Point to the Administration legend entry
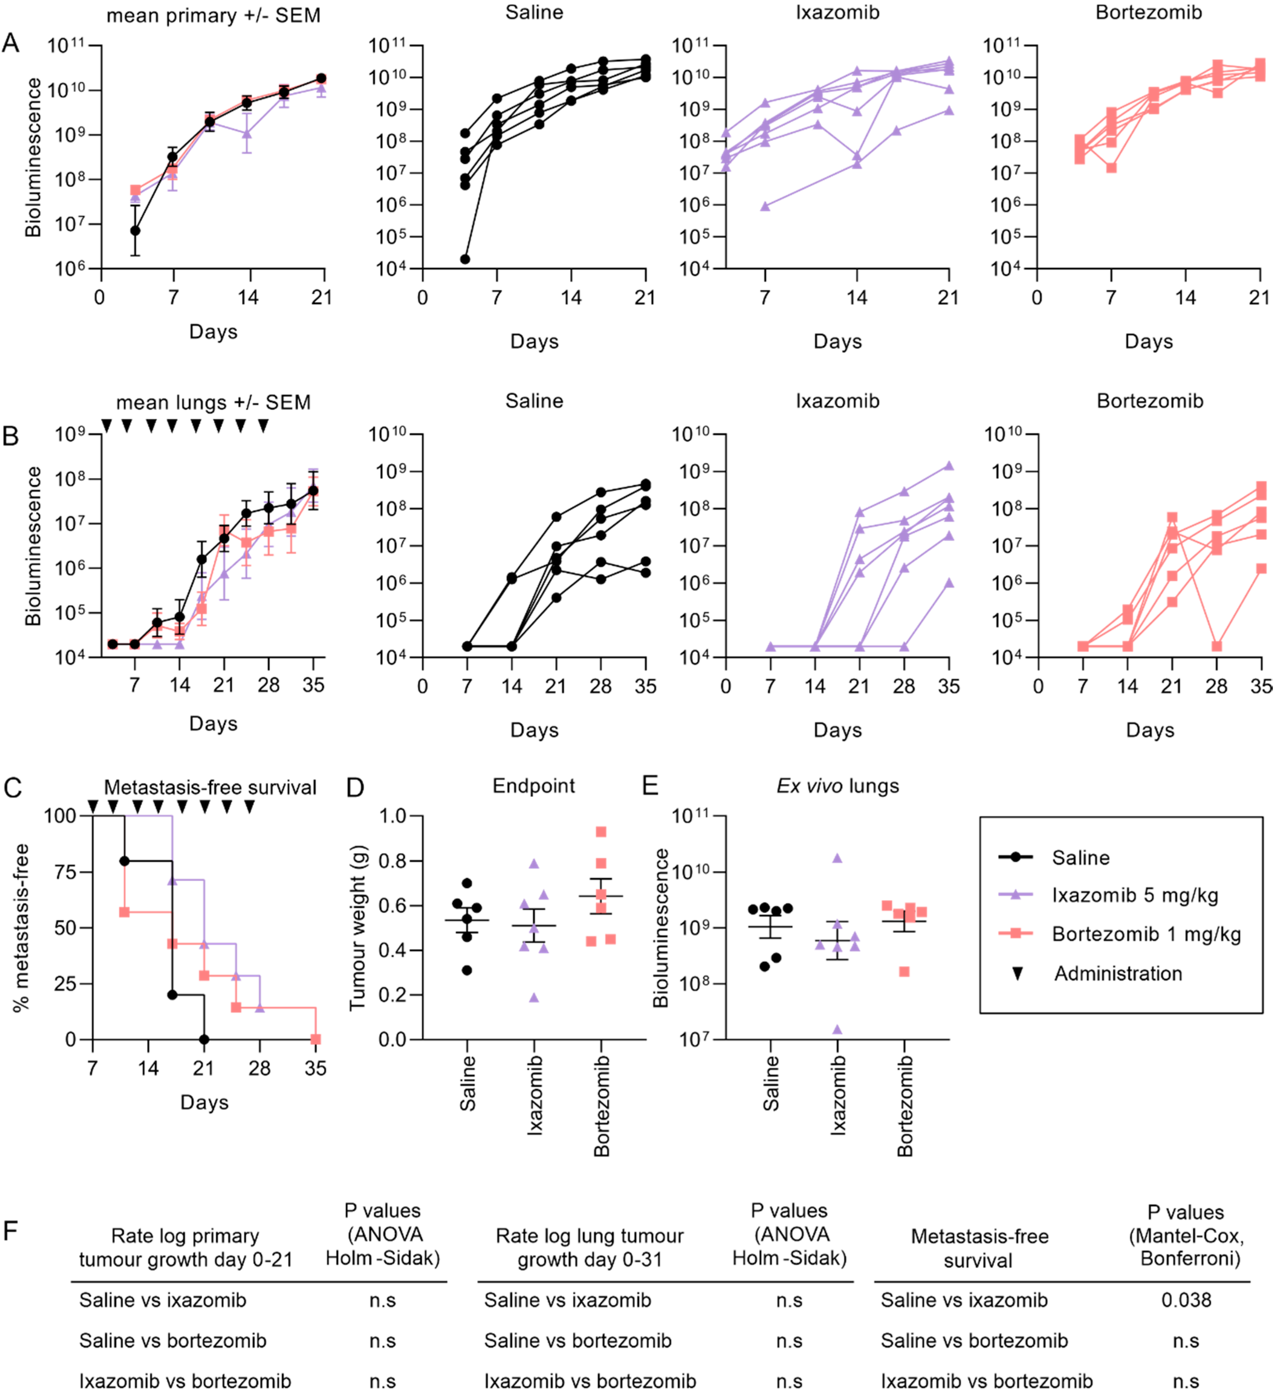pos(1117,974)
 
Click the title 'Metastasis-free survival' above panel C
pos(210,787)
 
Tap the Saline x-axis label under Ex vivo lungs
pos(771,1084)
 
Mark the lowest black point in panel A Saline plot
pos(465,259)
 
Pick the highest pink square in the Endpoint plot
pos(601,832)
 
